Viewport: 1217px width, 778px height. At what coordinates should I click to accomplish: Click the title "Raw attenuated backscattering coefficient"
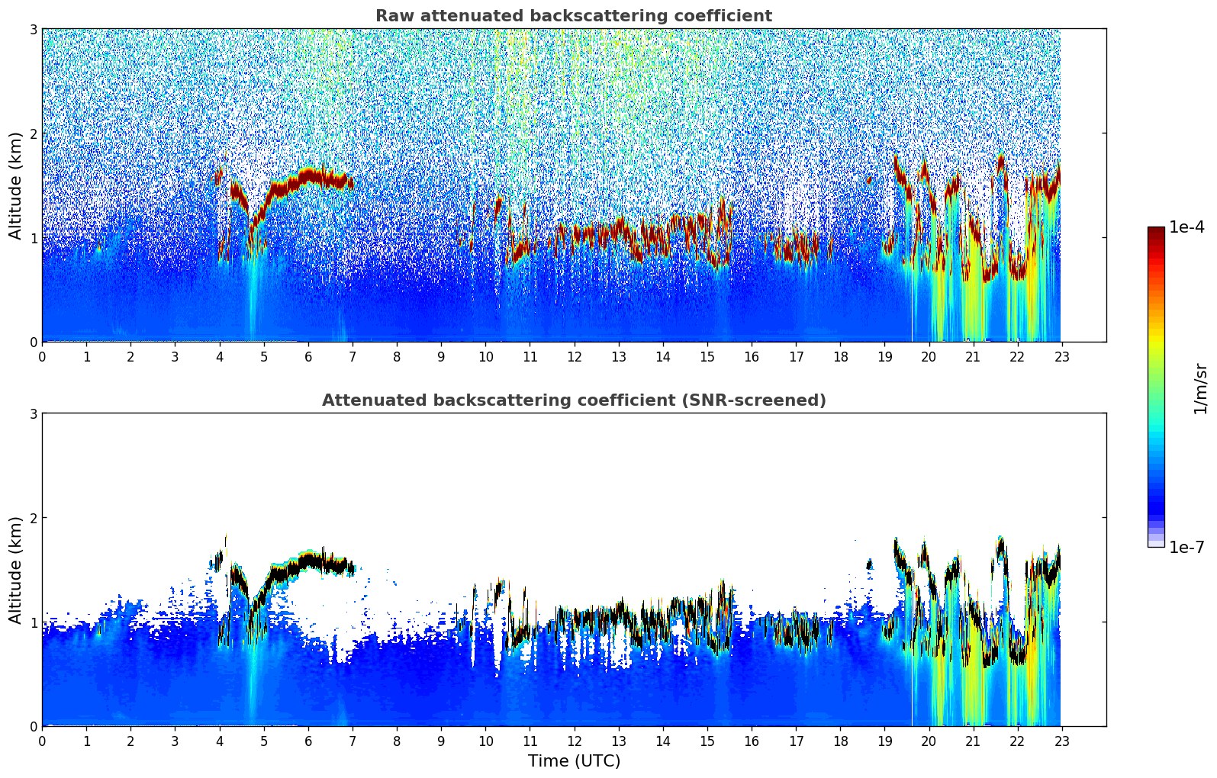pos(573,16)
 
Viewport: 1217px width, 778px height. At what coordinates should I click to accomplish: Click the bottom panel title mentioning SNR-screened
pos(573,400)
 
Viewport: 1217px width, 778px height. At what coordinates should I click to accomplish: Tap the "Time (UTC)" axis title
pos(574,761)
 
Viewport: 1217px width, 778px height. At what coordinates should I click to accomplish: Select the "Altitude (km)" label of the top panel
pos(16,185)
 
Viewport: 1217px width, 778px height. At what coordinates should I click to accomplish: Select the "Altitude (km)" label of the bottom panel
pos(16,570)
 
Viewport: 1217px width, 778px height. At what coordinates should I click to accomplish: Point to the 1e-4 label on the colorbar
pos(1186,227)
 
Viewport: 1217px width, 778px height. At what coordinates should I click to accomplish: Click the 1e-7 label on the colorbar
pos(1186,547)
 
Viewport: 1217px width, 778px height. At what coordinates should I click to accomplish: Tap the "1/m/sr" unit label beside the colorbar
pos(1200,388)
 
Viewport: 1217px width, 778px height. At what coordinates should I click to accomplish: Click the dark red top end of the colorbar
pos(1156,230)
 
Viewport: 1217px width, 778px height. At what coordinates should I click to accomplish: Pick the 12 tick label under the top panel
pos(574,356)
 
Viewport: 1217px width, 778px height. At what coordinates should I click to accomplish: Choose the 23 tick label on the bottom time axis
pos(1062,741)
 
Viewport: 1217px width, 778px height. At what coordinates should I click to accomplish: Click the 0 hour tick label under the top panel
pos(42,356)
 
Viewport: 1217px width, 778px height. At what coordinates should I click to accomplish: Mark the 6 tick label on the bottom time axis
pos(308,741)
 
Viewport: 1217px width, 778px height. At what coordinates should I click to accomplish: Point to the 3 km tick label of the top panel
pos(33,29)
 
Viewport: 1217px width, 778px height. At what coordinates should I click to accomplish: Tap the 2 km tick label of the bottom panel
pos(33,518)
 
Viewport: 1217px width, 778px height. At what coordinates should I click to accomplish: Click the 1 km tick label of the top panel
pos(33,238)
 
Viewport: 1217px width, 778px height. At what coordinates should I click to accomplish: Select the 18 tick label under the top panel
pos(840,356)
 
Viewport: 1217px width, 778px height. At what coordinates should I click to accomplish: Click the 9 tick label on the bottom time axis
pos(441,741)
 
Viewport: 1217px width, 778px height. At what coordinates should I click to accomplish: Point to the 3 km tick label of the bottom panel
pos(33,413)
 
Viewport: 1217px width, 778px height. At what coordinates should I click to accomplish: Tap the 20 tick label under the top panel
pos(929,356)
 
